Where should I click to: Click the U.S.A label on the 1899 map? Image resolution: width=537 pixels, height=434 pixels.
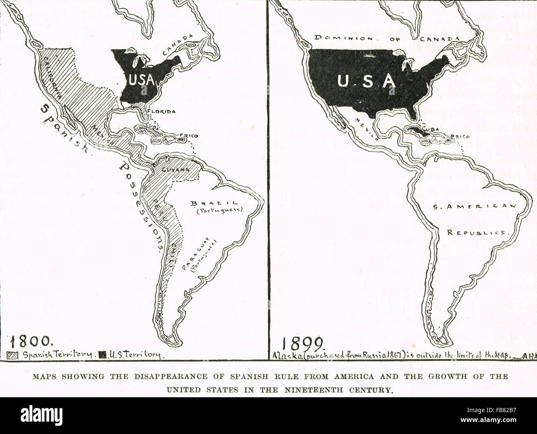pyautogui.click(x=366, y=81)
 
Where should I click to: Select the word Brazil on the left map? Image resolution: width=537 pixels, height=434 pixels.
pyautogui.click(x=214, y=204)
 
